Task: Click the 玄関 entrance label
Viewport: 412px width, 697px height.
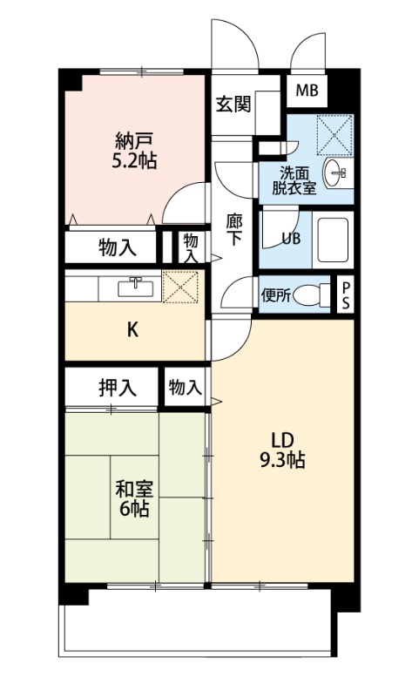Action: tap(233, 105)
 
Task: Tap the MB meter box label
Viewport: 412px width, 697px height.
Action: tap(307, 90)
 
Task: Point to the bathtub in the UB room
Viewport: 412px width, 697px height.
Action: tap(333, 236)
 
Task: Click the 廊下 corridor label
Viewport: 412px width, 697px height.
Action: tap(235, 230)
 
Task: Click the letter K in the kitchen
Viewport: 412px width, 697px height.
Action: tap(133, 329)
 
